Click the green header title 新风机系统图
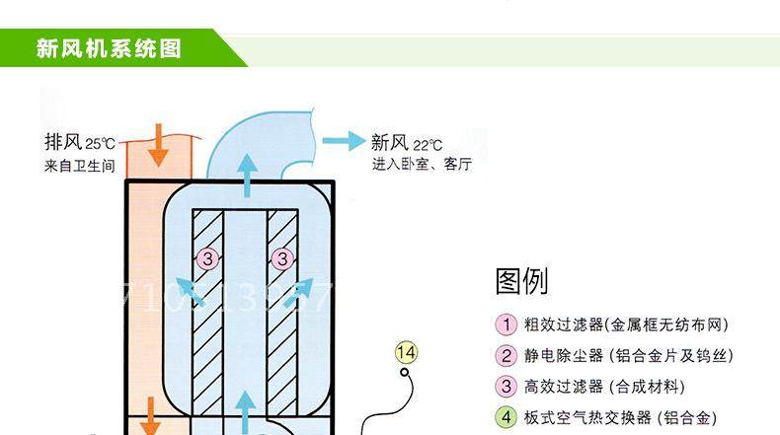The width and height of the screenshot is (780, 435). [x=110, y=48]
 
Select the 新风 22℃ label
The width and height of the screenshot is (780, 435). [x=406, y=143]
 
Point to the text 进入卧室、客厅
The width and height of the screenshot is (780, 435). [x=422, y=165]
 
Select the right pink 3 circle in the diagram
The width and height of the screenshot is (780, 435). [x=283, y=259]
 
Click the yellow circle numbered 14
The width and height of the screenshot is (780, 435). [x=406, y=351]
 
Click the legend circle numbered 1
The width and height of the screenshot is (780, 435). [x=506, y=326]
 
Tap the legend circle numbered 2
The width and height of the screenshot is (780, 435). [x=506, y=356]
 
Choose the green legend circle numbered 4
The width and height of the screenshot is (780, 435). [x=506, y=417]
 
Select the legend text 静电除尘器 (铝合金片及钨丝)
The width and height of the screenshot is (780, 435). [x=628, y=356]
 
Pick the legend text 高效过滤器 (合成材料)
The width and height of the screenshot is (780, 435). [x=603, y=387]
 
